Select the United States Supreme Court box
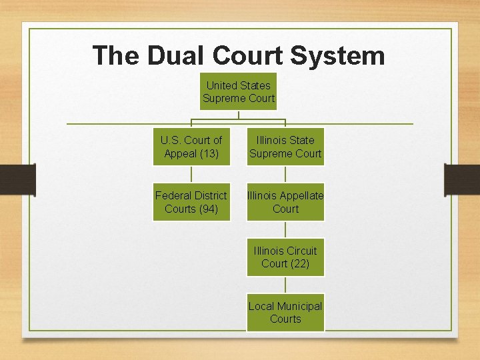pyautogui.click(x=239, y=91)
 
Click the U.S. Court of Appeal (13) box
pyautogui.click(x=191, y=147)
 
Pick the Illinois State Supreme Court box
pyautogui.click(x=285, y=147)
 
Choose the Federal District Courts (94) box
pyautogui.click(x=191, y=202)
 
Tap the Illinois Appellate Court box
pyautogui.click(x=285, y=202)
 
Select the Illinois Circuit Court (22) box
pyautogui.click(x=285, y=257)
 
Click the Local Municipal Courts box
pyautogui.click(x=285, y=312)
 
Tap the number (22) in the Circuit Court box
pyautogui.click(x=299, y=264)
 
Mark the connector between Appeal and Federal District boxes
pyautogui.click(x=191, y=174)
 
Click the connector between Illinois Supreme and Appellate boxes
pyautogui.click(x=285, y=174)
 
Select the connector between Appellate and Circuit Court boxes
pyautogui.click(x=285, y=229)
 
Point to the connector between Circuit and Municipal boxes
pyautogui.click(x=285, y=285)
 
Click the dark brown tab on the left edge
pyautogui.click(x=17, y=179)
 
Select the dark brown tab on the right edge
pyautogui.click(x=462, y=179)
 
